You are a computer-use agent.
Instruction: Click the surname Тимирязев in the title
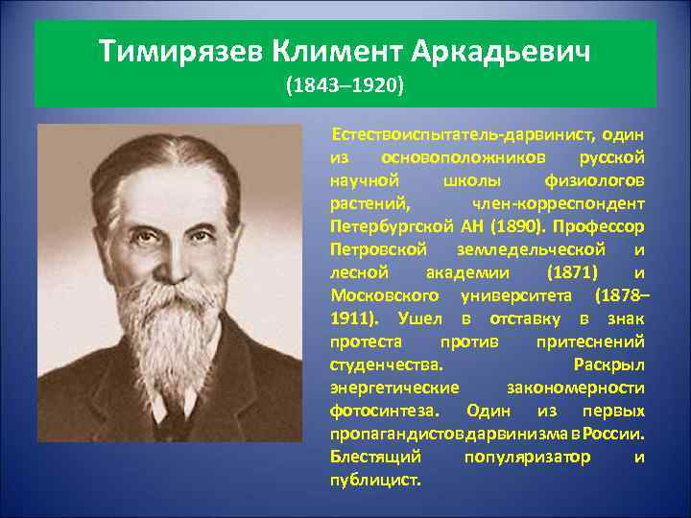(181, 50)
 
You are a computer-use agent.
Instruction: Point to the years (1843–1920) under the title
(345, 86)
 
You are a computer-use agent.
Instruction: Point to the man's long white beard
(185, 325)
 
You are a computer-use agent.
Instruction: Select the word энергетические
(394, 387)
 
